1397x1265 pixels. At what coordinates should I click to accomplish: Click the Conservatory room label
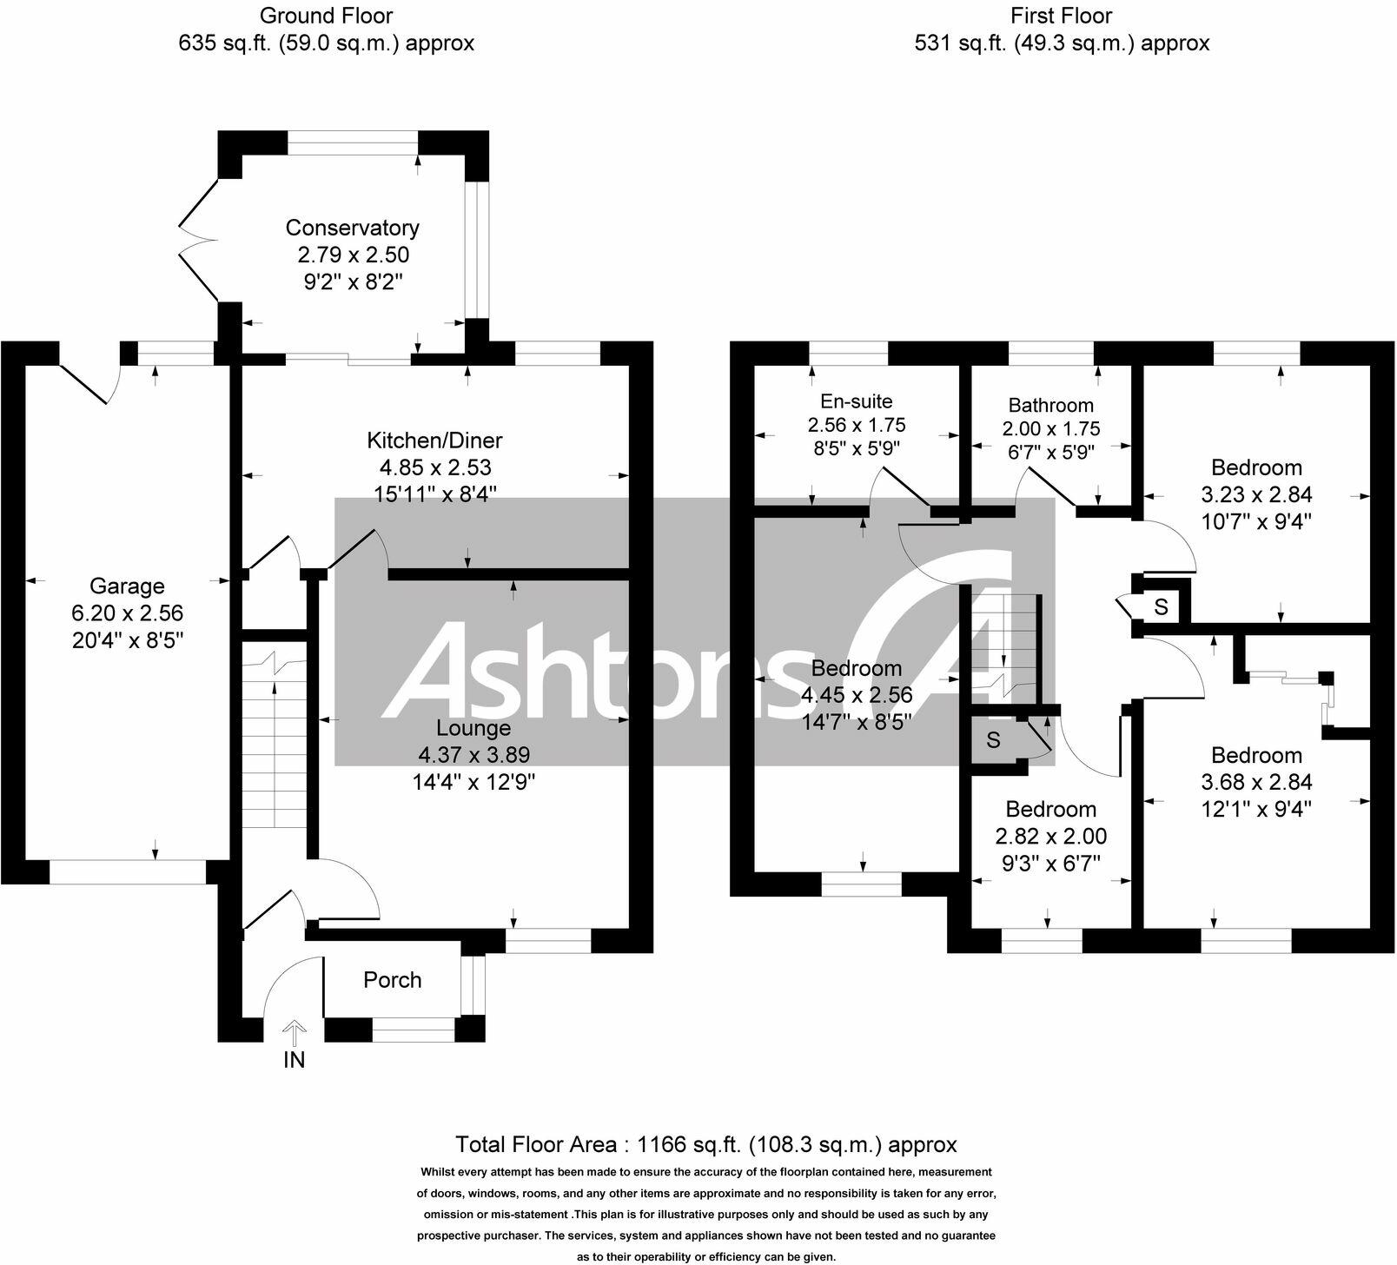click(x=352, y=228)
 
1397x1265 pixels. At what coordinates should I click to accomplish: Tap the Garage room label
click(x=127, y=586)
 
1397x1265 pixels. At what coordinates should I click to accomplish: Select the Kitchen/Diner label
click(x=434, y=440)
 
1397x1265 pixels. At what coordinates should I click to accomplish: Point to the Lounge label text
click(x=473, y=728)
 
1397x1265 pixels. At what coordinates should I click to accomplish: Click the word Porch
click(x=393, y=980)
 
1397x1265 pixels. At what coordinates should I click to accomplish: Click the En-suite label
click(x=856, y=401)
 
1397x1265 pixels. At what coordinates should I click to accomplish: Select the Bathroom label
click(x=1050, y=405)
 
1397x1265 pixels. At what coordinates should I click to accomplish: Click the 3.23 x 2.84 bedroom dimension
click(x=1256, y=494)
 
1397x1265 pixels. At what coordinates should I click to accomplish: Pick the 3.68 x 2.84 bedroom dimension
click(x=1256, y=782)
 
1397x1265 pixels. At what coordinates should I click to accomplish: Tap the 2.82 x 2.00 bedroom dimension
click(x=1050, y=836)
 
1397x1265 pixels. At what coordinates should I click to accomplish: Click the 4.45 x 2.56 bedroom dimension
click(x=857, y=695)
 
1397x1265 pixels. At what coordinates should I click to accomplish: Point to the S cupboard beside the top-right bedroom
click(x=1162, y=606)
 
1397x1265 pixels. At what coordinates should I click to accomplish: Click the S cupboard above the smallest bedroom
click(x=993, y=740)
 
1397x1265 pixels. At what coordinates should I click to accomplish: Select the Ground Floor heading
click(x=326, y=16)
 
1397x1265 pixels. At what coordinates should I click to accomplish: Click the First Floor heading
click(x=1061, y=16)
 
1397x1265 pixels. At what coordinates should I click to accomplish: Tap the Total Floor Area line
click(x=705, y=1144)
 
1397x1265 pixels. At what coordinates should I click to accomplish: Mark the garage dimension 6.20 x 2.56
click(x=127, y=613)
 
